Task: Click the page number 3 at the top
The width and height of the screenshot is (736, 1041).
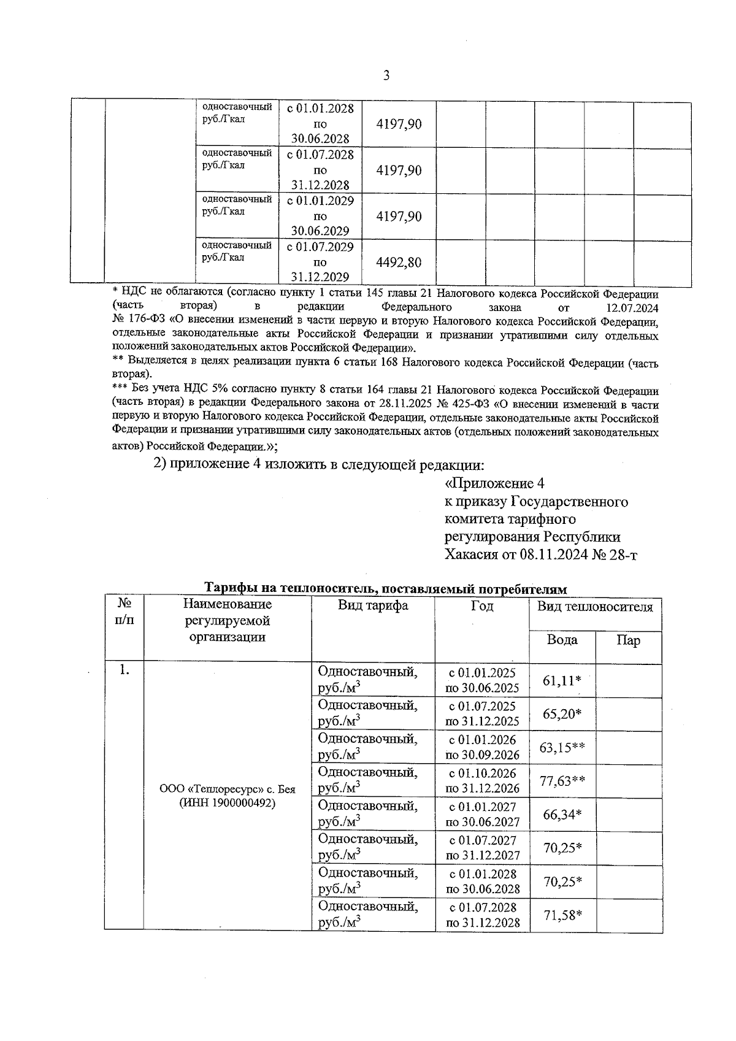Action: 386,76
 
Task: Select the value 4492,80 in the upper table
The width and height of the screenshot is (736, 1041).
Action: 399,263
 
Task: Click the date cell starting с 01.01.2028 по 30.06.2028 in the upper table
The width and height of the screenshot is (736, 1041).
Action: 320,124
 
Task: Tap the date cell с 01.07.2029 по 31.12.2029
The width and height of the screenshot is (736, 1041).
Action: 320,262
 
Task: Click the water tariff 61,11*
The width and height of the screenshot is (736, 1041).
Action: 562,681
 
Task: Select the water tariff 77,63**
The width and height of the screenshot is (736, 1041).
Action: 562,781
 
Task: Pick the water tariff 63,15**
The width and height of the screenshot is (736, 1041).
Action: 562,747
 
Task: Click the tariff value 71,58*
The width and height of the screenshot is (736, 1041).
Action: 562,915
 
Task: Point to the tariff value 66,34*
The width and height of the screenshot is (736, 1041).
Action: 562,814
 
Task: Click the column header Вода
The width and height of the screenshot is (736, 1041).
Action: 562,640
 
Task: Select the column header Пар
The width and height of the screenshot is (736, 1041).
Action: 628,641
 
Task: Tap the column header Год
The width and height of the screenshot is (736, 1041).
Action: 481,606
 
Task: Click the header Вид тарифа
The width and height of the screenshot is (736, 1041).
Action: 373,606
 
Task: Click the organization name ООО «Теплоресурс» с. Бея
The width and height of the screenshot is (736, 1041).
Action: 227,789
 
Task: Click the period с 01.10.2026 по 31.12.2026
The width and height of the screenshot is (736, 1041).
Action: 482,781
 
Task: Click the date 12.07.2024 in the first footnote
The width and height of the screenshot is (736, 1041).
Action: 632,307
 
